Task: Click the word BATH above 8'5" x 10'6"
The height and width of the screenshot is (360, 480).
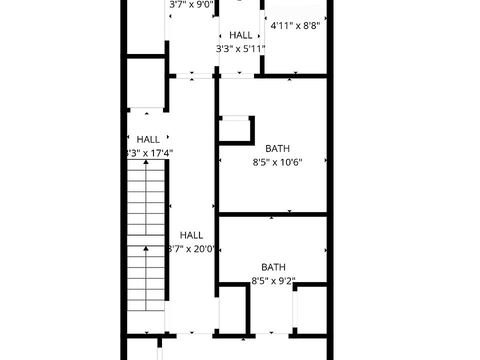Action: [277, 148]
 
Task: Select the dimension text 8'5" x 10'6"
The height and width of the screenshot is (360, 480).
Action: [277, 162]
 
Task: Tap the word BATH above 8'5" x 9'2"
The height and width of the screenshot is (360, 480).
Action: [273, 267]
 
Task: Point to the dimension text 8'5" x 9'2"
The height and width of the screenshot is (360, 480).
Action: [273, 281]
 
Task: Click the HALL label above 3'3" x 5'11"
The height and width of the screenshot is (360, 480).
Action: [240, 35]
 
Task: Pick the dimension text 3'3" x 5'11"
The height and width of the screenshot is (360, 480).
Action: [240, 49]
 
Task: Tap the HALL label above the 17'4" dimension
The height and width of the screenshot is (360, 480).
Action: [148, 139]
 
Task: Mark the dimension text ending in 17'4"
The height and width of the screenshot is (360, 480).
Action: [149, 153]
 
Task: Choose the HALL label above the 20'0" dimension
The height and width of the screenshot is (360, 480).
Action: [191, 235]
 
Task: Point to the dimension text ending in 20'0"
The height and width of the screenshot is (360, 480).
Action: [191, 248]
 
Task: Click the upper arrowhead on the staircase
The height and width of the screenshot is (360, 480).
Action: [146, 162]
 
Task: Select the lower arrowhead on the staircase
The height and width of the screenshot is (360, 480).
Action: [146, 248]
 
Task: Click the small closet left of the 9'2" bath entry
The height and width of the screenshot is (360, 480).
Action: [233, 310]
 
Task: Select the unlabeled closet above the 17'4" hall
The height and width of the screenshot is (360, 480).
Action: [146, 82]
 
